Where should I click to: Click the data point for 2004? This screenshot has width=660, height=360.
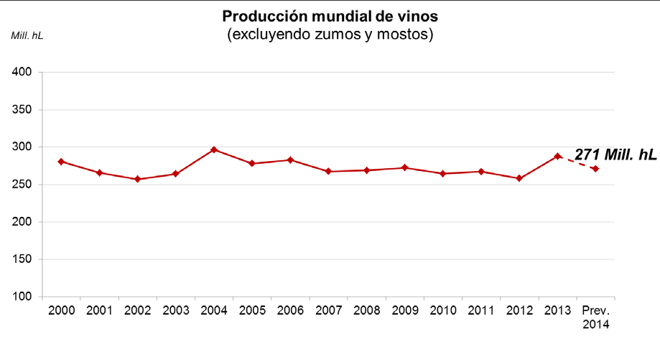214,149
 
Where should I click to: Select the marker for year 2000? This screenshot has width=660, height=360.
61,162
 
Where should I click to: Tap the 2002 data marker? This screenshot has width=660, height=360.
137,179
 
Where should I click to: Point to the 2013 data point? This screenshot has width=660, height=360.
557,156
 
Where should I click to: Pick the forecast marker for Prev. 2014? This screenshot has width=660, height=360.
595,169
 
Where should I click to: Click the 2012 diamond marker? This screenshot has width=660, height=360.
519,178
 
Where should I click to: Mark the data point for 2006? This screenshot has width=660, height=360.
290,160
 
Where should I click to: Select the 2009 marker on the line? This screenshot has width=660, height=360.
404,167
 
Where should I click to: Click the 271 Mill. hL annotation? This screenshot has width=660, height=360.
615,154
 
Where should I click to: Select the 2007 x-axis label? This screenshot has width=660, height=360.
328,310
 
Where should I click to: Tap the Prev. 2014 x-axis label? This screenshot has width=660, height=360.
595,317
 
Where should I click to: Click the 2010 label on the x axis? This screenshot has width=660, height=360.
443,310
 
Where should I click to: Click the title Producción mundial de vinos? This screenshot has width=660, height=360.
330,16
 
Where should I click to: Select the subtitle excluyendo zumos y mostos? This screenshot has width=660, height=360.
330,34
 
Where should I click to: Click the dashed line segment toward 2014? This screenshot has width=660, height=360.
577,162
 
